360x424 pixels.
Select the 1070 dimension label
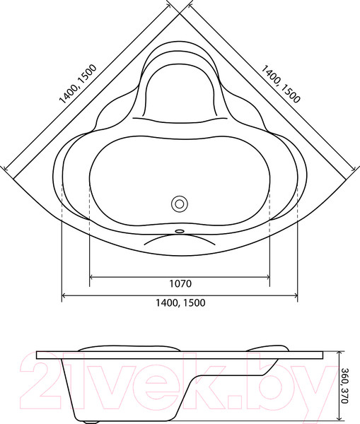click(x=180, y=284)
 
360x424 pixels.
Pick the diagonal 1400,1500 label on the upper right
click(x=281, y=85)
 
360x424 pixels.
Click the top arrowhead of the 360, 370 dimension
click(x=339, y=354)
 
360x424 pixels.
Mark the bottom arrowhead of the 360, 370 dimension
click(x=339, y=420)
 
